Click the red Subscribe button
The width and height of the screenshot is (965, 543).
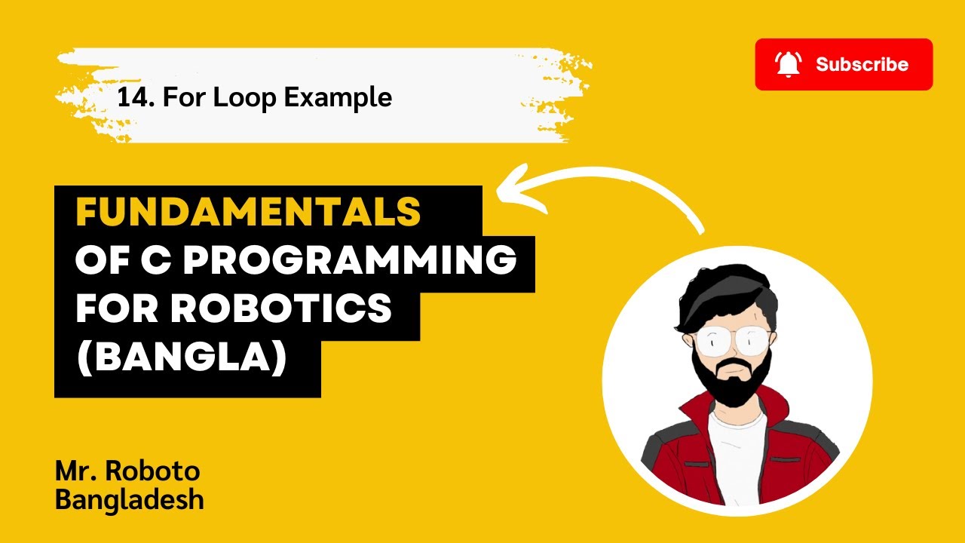844,64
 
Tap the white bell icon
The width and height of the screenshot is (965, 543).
789,64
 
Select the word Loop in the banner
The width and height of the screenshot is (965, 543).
244,97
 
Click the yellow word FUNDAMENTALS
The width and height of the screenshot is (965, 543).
248,212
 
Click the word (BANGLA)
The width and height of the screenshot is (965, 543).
182,357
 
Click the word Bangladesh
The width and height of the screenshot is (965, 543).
129,500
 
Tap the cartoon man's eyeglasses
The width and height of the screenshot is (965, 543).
732,340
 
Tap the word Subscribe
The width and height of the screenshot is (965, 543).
862,64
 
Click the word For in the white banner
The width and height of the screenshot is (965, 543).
184,97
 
